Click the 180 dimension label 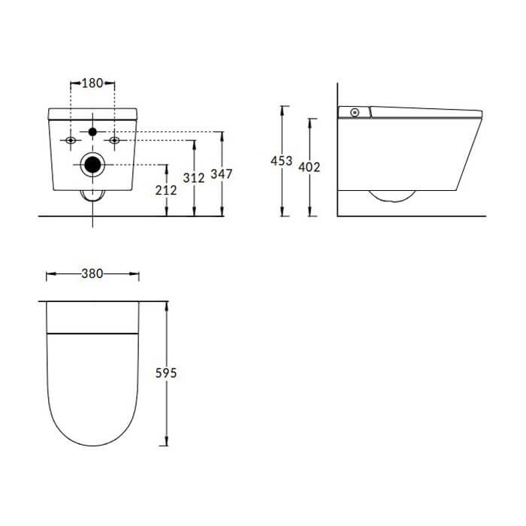pos(92,83)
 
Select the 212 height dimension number pos(166,190)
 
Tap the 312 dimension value pos(194,178)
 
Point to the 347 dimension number pos(222,174)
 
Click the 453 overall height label pos(282,161)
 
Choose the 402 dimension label pos(310,167)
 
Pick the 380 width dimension pos(92,274)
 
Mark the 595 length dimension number pos(166,373)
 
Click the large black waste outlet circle pos(92,165)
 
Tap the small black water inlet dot pos(92,131)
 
